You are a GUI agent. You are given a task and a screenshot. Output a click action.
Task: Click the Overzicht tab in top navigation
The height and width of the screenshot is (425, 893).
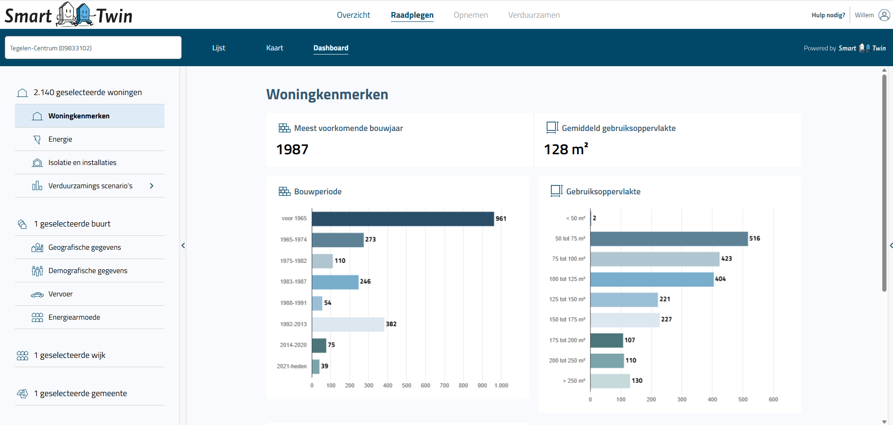[x=353, y=15]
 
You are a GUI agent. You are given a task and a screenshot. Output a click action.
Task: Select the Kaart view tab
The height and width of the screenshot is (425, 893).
[x=275, y=48]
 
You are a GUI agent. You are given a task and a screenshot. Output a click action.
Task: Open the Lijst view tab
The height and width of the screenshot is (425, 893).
[x=219, y=48]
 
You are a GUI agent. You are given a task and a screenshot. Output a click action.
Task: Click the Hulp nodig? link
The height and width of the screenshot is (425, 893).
[x=828, y=15]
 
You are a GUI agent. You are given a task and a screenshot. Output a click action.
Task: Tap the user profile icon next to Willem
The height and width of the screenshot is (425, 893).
[x=884, y=15]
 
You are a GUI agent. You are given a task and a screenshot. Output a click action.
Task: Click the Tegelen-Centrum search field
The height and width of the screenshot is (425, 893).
[x=93, y=48]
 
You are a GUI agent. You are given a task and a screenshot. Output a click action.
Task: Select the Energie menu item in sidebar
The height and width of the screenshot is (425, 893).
[x=61, y=139]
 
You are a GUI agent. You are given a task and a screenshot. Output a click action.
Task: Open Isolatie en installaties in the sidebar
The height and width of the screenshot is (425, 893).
[x=82, y=163]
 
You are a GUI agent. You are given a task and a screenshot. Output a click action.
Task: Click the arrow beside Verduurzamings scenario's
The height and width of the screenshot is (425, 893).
[x=151, y=186]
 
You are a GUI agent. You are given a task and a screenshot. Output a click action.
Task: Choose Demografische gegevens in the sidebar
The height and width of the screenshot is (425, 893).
[x=88, y=271]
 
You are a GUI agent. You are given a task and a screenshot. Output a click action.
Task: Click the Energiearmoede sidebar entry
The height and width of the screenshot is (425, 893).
[x=74, y=317]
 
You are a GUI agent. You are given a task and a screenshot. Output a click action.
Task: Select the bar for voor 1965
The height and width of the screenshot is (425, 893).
[x=403, y=219]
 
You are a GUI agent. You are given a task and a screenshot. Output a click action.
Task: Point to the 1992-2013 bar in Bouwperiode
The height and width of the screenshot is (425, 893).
[x=348, y=324]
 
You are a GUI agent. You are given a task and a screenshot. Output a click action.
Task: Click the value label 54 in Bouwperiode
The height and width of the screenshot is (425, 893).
[x=328, y=303]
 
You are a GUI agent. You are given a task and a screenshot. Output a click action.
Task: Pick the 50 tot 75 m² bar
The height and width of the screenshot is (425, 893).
[x=669, y=239]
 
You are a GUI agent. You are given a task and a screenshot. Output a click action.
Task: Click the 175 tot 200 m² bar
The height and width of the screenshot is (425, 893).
[x=606, y=340]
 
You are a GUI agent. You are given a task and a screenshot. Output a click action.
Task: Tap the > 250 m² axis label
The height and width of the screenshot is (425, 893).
[x=574, y=381]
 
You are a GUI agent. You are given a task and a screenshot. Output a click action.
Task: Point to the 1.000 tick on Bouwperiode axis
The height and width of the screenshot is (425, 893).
[x=501, y=385]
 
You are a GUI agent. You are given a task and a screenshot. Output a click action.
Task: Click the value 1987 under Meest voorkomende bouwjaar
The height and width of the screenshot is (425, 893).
[x=292, y=150]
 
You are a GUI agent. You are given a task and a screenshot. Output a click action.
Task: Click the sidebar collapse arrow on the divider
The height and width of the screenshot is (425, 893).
[x=183, y=246]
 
